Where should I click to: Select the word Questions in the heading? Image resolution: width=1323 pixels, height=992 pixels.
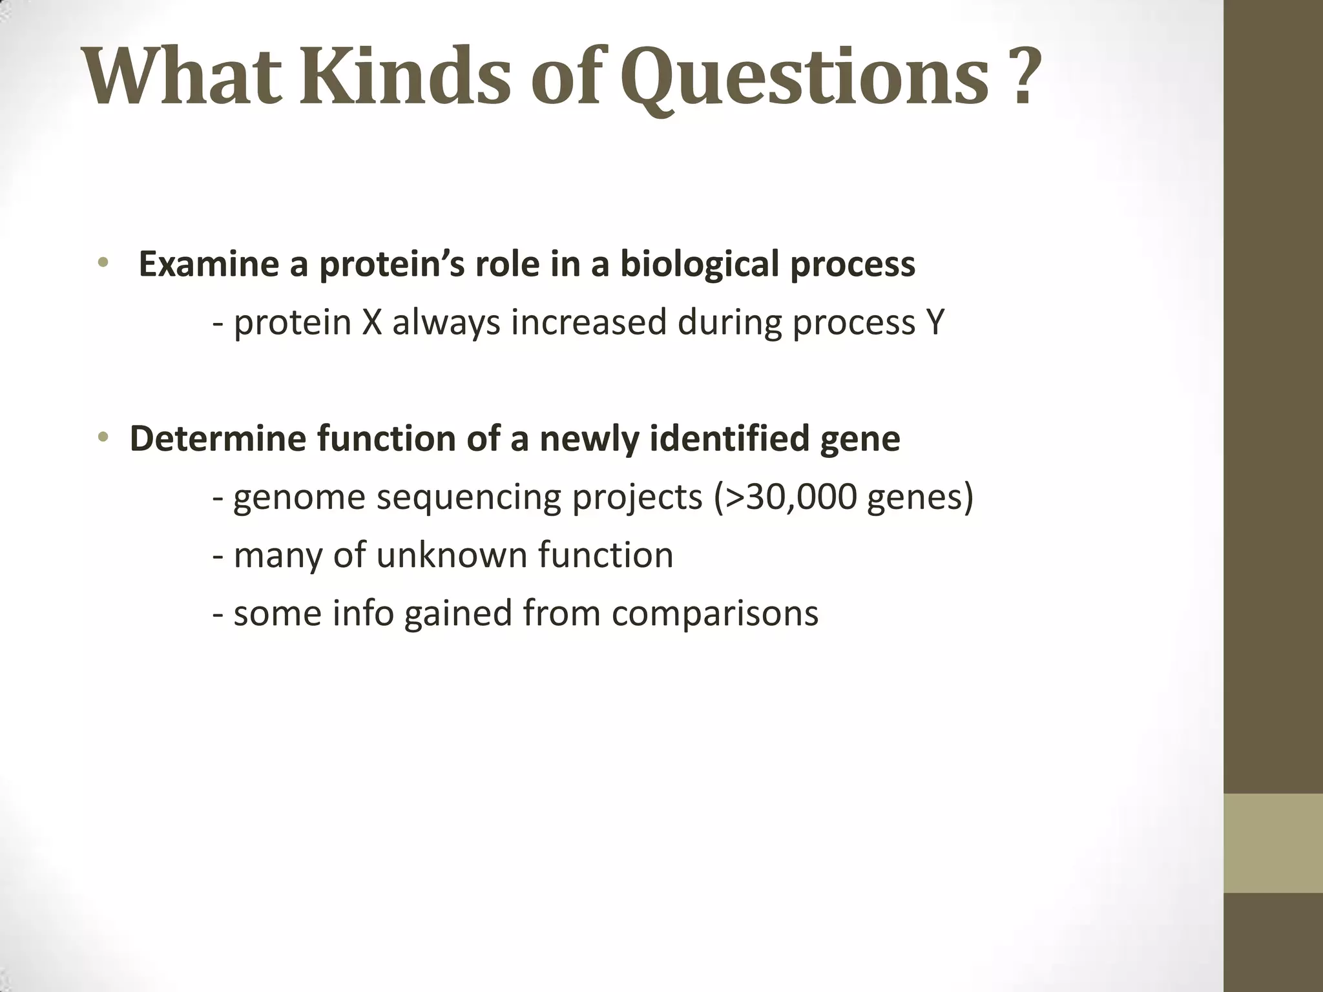805,77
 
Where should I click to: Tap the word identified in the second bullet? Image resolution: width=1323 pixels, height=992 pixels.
729,439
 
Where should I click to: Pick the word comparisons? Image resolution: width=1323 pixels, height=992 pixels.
715,614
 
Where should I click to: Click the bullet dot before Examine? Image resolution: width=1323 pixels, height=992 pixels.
102,263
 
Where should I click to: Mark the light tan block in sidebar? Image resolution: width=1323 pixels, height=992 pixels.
1273,843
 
